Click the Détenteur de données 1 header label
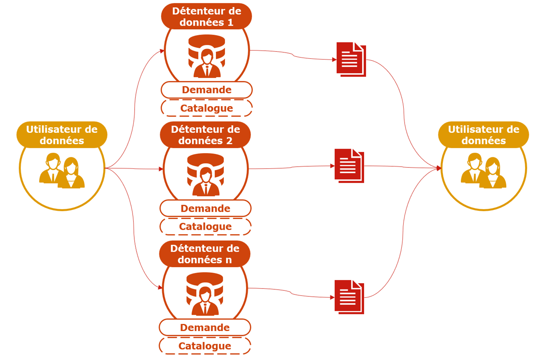[x=207, y=17]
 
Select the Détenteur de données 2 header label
[x=205, y=135]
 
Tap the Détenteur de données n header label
[x=205, y=254]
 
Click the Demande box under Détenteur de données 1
[x=207, y=90]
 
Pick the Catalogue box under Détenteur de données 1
[x=207, y=108]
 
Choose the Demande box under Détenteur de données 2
[x=205, y=208]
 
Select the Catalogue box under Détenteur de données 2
[x=205, y=226]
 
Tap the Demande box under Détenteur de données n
[x=205, y=328]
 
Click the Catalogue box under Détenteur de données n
[x=205, y=346]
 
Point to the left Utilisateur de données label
[x=62, y=135]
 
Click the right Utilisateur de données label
[x=483, y=135]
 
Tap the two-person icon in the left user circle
[x=62, y=170]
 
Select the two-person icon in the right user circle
[x=483, y=170]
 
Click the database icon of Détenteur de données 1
[x=207, y=56]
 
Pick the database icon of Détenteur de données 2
[x=205, y=175]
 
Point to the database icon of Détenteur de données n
[x=205, y=294]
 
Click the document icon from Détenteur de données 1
[x=351, y=59]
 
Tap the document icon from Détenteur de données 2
[x=349, y=166]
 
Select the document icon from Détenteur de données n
[x=349, y=297]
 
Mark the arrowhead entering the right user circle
[x=439, y=168]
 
